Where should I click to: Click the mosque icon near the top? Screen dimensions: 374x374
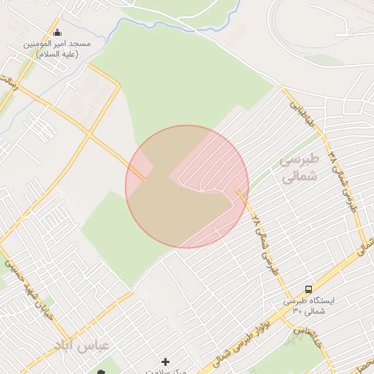tap(58, 32)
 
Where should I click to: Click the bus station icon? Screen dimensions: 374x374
tap(308, 290)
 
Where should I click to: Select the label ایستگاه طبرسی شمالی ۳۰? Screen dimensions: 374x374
tap(308, 306)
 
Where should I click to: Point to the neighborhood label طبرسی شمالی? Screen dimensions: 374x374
tap(300, 167)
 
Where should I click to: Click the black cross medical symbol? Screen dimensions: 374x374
tap(166, 362)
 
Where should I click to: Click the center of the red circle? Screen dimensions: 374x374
tap(187, 186)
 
